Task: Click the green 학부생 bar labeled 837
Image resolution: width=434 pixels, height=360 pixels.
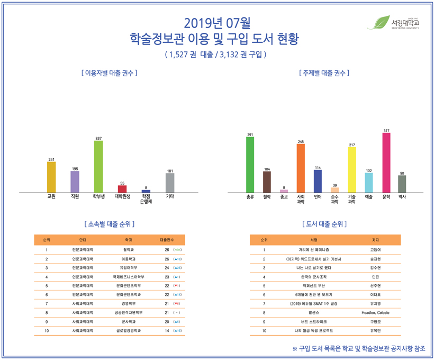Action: click(98, 166)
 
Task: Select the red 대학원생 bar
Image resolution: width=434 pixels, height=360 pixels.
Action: click(122, 188)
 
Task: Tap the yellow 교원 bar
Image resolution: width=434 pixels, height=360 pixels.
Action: click(51, 177)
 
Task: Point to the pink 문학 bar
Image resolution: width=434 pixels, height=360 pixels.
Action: click(386, 163)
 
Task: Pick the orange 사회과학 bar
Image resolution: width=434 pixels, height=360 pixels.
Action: click(301, 168)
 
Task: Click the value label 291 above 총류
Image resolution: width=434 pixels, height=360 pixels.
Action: click(250, 135)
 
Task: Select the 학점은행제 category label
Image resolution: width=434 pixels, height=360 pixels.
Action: click(146, 199)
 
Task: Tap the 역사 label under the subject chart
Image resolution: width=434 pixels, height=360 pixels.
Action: click(402, 196)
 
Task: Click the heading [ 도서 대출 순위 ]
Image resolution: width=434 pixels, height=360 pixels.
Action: click(325, 224)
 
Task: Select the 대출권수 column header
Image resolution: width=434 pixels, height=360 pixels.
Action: click(167, 240)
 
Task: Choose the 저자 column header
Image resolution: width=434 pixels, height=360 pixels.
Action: click(375, 240)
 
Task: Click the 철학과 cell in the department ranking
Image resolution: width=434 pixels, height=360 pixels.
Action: click(128, 250)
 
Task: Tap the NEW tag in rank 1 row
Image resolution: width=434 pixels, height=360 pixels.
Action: click(177, 250)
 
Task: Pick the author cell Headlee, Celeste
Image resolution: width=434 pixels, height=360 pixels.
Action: click(375, 313)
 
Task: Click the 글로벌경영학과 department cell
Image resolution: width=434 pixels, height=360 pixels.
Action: click(128, 331)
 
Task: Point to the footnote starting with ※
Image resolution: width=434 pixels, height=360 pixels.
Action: click(358, 348)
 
